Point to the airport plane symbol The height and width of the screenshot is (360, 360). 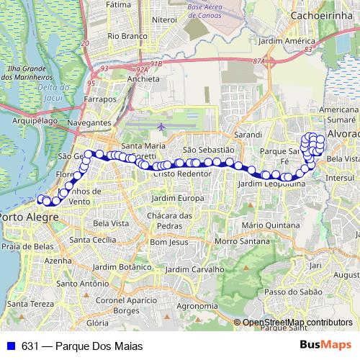(161, 127)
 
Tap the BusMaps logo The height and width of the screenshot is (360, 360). (325, 346)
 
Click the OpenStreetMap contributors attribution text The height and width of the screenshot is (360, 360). (297, 323)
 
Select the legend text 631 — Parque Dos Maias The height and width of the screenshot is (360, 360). (82, 346)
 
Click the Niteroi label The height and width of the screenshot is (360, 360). (165, 19)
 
